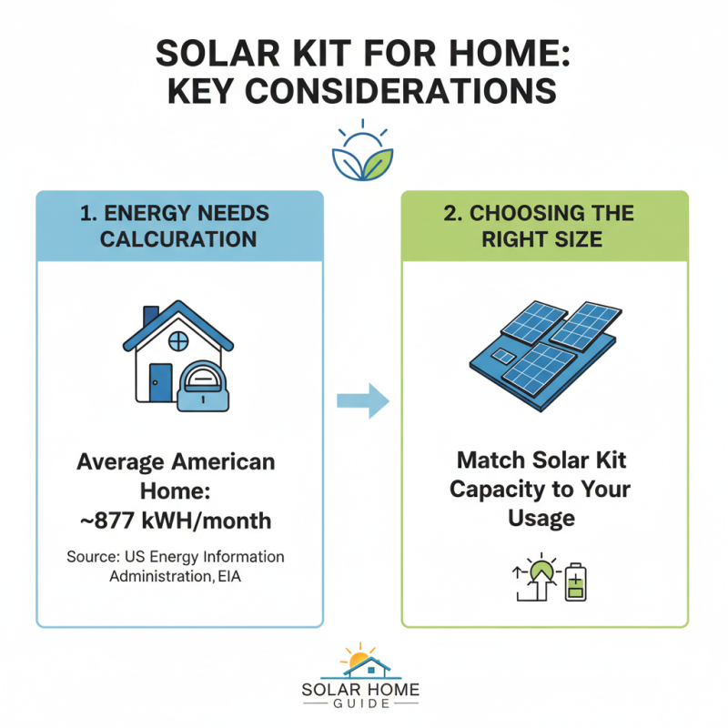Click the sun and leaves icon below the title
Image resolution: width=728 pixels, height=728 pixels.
[x=363, y=149]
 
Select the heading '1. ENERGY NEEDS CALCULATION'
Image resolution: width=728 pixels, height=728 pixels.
[x=179, y=226]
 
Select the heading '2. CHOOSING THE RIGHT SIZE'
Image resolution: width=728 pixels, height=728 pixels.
[x=544, y=226]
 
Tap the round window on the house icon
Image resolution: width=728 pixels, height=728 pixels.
[x=178, y=341]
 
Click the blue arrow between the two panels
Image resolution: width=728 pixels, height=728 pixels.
[x=362, y=400]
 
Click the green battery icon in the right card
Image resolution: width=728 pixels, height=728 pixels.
[x=574, y=582]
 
